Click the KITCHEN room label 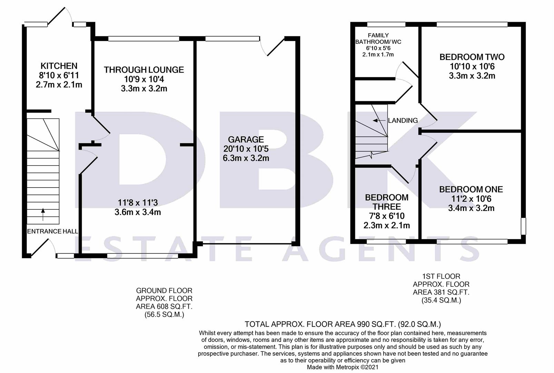(x=59, y=66)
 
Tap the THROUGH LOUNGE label (x=144, y=70)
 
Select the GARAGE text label (x=246, y=140)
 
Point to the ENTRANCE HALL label (x=52, y=231)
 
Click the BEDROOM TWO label (x=472, y=57)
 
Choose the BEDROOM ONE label (x=471, y=189)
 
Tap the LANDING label (x=403, y=121)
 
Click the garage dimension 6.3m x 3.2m (x=246, y=158)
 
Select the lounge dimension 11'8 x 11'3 (x=138, y=203)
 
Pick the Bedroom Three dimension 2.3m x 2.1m (x=386, y=226)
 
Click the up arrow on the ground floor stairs (x=43, y=214)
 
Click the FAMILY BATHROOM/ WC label (x=378, y=38)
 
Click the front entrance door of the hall (x=41, y=248)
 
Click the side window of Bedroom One (x=523, y=226)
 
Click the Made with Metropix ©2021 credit (x=343, y=367)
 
